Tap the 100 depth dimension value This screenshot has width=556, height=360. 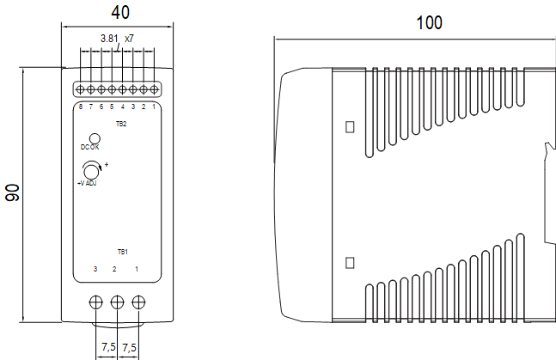click(429, 22)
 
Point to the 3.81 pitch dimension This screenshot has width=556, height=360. click(108, 39)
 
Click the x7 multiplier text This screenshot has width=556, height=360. click(129, 39)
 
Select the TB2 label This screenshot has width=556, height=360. click(121, 125)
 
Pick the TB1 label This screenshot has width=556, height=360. click(122, 252)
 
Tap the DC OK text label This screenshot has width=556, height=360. click(90, 148)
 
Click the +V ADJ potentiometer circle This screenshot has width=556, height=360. click(94, 172)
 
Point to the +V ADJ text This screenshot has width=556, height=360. click(86, 183)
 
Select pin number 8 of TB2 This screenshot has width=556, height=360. click(81, 107)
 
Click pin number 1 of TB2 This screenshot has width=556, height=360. click(154, 107)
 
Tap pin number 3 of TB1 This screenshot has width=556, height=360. click(95, 270)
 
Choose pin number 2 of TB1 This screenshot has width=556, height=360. click(115, 270)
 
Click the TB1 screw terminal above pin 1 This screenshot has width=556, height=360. click(137, 302)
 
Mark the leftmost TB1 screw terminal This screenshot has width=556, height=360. click(97, 302)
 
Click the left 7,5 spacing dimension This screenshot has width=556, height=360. click(108, 346)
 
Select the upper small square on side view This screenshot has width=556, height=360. click(350, 127)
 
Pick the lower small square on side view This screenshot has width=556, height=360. click(350, 262)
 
